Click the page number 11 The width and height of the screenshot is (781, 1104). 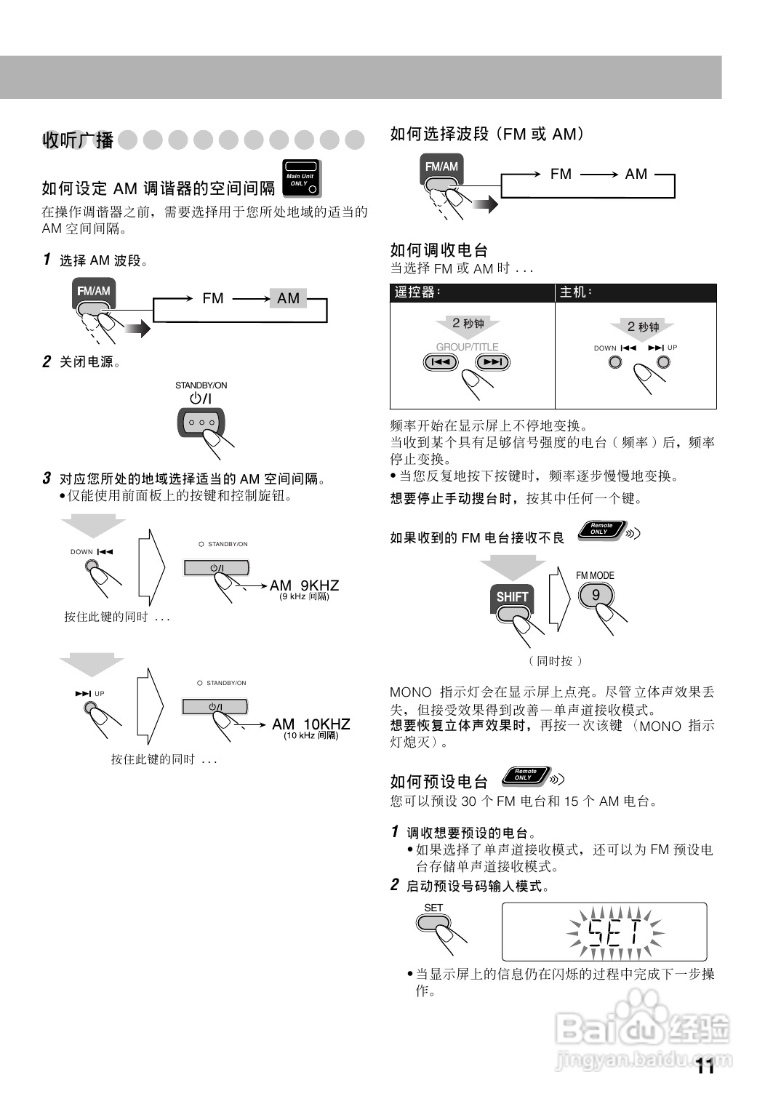click(x=705, y=1066)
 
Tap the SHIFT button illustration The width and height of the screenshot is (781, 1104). click(x=512, y=598)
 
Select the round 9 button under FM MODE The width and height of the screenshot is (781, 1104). click(x=596, y=595)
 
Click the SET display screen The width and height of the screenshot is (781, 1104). click(x=604, y=932)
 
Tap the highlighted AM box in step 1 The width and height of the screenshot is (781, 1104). click(x=288, y=298)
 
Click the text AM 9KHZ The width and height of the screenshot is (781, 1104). click(x=304, y=585)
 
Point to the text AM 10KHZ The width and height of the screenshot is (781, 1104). click(x=311, y=724)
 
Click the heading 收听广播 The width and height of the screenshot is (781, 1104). click(x=78, y=140)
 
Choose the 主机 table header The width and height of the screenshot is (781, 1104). click(x=576, y=292)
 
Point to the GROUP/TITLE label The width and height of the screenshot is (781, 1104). click(x=467, y=347)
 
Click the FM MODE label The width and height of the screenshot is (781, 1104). click(x=595, y=575)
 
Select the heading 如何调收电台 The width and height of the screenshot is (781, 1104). click(x=438, y=250)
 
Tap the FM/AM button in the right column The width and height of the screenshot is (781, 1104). click(x=441, y=171)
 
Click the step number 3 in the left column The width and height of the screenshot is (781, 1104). click(x=47, y=479)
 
